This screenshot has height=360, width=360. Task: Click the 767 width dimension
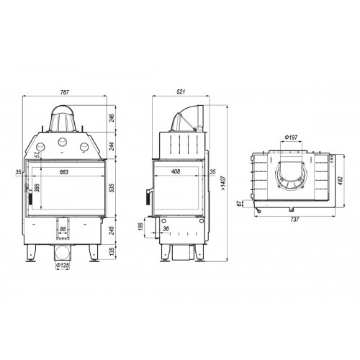pyautogui.click(x=65, y=92)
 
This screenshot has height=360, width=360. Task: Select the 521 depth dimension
pyautogui.click(x=181, y=92)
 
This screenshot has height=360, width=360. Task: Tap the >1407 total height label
pyautogui.click(x=223, y=183)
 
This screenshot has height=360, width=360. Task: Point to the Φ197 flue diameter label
pyautogui.click(x=291, y=138)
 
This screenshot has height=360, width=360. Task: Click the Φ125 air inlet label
pyautogui.click(x=63, y=266)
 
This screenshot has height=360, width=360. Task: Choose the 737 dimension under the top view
pyautogui.click(x=294, y=220)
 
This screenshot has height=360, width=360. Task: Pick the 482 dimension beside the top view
pyautogui.click(x=341, y=180)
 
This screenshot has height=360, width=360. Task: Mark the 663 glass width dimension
pyautogui.click(x=64, y=172)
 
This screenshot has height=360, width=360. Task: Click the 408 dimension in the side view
pyautogui.click(x=176, y=172)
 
